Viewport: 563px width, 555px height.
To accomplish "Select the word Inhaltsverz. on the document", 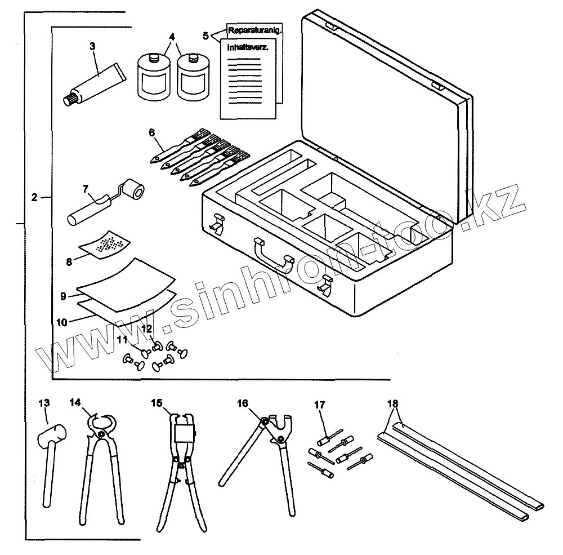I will pos(247,48).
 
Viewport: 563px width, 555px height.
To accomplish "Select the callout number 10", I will pos(62,322).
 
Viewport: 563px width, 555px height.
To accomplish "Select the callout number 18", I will pos(392,403).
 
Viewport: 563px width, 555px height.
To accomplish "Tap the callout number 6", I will pos(151,132).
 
